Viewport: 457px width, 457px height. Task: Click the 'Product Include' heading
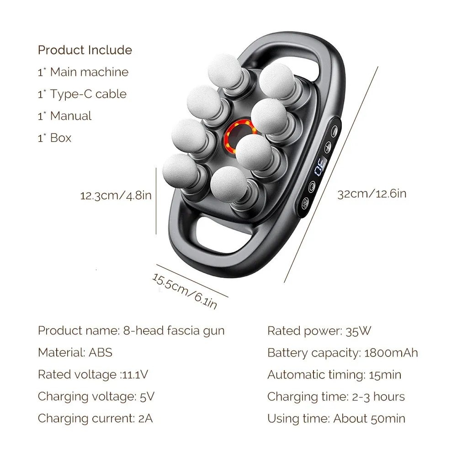[x=85, y=50]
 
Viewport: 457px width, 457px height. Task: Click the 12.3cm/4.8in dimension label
[x=116, y=196]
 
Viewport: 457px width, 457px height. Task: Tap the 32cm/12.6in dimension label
[x=372, y=194]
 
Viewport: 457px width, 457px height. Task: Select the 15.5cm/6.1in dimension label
[x=185, y=291]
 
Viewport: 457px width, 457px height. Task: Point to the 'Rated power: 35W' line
[x=319, y=331]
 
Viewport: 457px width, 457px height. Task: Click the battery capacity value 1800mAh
[x=391, y=353]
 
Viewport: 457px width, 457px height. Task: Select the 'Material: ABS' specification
[x=75, y=353]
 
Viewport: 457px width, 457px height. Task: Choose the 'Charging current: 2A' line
[x=95, y=419]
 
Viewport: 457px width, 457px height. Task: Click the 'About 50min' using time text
[x=369, y=419]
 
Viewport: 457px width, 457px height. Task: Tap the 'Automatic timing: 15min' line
[x=334, y=375]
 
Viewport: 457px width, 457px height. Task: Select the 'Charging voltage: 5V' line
[x=96, y=397]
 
